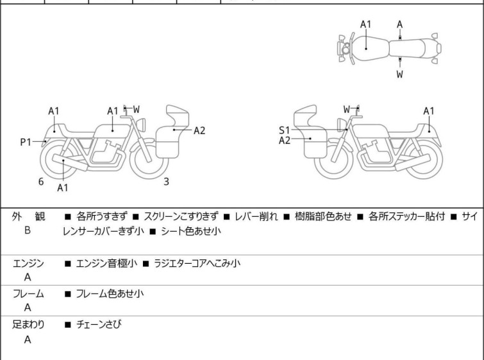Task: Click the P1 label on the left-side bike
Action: pos(26,142)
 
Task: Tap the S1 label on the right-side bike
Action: pos(284,130)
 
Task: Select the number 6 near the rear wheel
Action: pos(41,182)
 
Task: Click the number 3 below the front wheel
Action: pos(167,182)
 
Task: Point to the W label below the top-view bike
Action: pos(400,74)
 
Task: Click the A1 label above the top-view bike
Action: pos(366,24)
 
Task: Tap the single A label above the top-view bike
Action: pos(400,24)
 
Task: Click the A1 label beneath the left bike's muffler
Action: pos(63,187)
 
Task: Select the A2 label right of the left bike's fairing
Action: pos(199,131)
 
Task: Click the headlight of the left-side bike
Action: pos(141,124)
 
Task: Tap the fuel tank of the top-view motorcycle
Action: pos(369,48)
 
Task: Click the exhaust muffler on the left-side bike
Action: pos(70,162)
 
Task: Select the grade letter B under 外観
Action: pos(28,230)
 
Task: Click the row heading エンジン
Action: pos(28,264)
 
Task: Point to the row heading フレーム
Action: pos(28,293)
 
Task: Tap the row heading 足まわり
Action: pos(28,324)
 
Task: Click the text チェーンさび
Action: pos(99,324)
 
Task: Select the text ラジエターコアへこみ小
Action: pos(197,263)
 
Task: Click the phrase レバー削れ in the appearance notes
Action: pos(256,216)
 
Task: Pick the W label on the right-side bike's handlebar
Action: pos(347,109)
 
